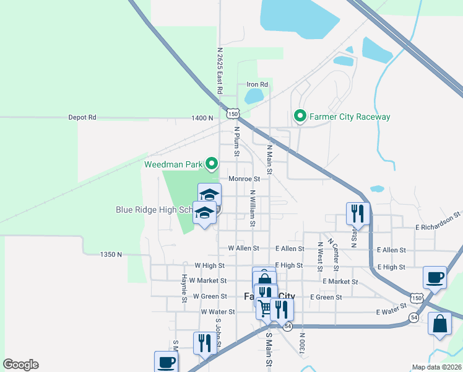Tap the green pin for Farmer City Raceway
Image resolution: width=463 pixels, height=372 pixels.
pyautogui.click(x=300, y=116)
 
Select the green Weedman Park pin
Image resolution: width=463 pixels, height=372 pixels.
pyautogui.click(x=212, y=164)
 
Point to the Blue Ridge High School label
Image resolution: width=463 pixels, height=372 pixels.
pyautogui.click(x=155, y=210)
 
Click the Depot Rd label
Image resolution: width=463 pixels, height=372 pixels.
pyautogui.click(x=82, y=117)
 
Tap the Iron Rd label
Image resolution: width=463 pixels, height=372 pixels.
pyautogui.click(x=257, y=84)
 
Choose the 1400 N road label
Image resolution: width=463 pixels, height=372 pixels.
pyautogui.click(x=202, y=117)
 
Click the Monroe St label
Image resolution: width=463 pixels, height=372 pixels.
pyautogui.click(x=243, y=179)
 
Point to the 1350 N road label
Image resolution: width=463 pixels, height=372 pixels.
pyautogui.click(x=111, y=254)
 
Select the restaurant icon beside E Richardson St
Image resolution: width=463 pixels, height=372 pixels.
pyautogui.click(x=357, y=213)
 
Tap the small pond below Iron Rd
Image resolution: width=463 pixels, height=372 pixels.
pyautogui.click(x=254, y=96)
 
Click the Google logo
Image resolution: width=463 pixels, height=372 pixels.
pyautogui.click(x=20, y=365)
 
